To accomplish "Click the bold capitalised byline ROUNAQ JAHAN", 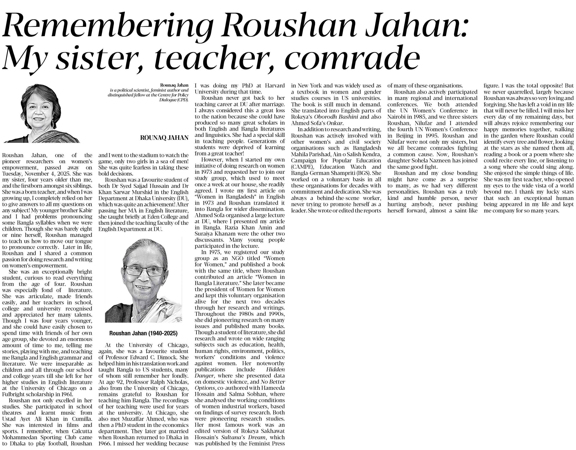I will click(x=164, y=138).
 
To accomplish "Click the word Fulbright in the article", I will click(x=13, y=394).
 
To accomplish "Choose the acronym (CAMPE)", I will click(x=302, y=167).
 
